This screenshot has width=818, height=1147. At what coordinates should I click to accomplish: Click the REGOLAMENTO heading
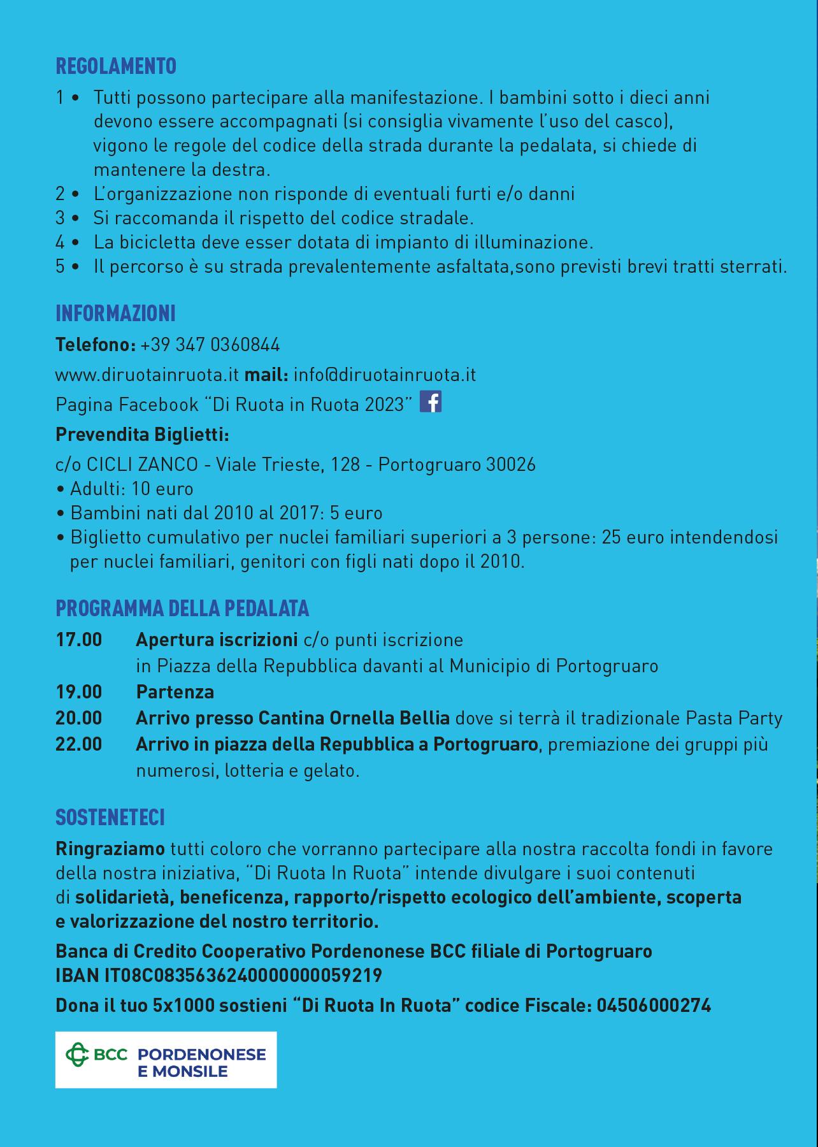click(116, 66)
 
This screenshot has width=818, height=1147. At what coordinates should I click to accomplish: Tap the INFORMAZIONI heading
click(115, 314)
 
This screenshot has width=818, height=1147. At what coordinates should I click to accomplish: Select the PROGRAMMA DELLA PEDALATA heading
click(182, 609)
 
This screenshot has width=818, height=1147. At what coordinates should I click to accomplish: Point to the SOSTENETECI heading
click(110, 818)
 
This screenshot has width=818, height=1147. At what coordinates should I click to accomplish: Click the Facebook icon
click(431, 402)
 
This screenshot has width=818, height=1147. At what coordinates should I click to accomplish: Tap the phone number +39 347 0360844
click(210, 345)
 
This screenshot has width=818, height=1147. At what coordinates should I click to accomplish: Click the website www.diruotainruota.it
click(147, 375)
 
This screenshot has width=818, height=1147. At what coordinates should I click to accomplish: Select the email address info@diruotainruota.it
click(385, 375)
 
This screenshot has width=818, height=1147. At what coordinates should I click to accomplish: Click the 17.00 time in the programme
click(79, 640)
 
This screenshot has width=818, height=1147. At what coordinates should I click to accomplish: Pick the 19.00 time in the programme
click(79, 692)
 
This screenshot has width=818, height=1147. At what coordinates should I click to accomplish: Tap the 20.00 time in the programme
click(79, 718)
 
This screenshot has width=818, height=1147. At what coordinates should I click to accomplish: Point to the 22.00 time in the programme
click(79, 744)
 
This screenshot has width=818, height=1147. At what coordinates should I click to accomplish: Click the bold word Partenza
click(175, 692)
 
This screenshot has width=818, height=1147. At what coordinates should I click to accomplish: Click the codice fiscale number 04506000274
click(653, 1006)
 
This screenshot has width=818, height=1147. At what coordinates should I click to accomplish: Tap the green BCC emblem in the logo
click(78, 1055)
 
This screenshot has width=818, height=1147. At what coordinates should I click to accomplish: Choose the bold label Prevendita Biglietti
click(143, 435)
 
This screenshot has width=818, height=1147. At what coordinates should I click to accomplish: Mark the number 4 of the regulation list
click(61, 243)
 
